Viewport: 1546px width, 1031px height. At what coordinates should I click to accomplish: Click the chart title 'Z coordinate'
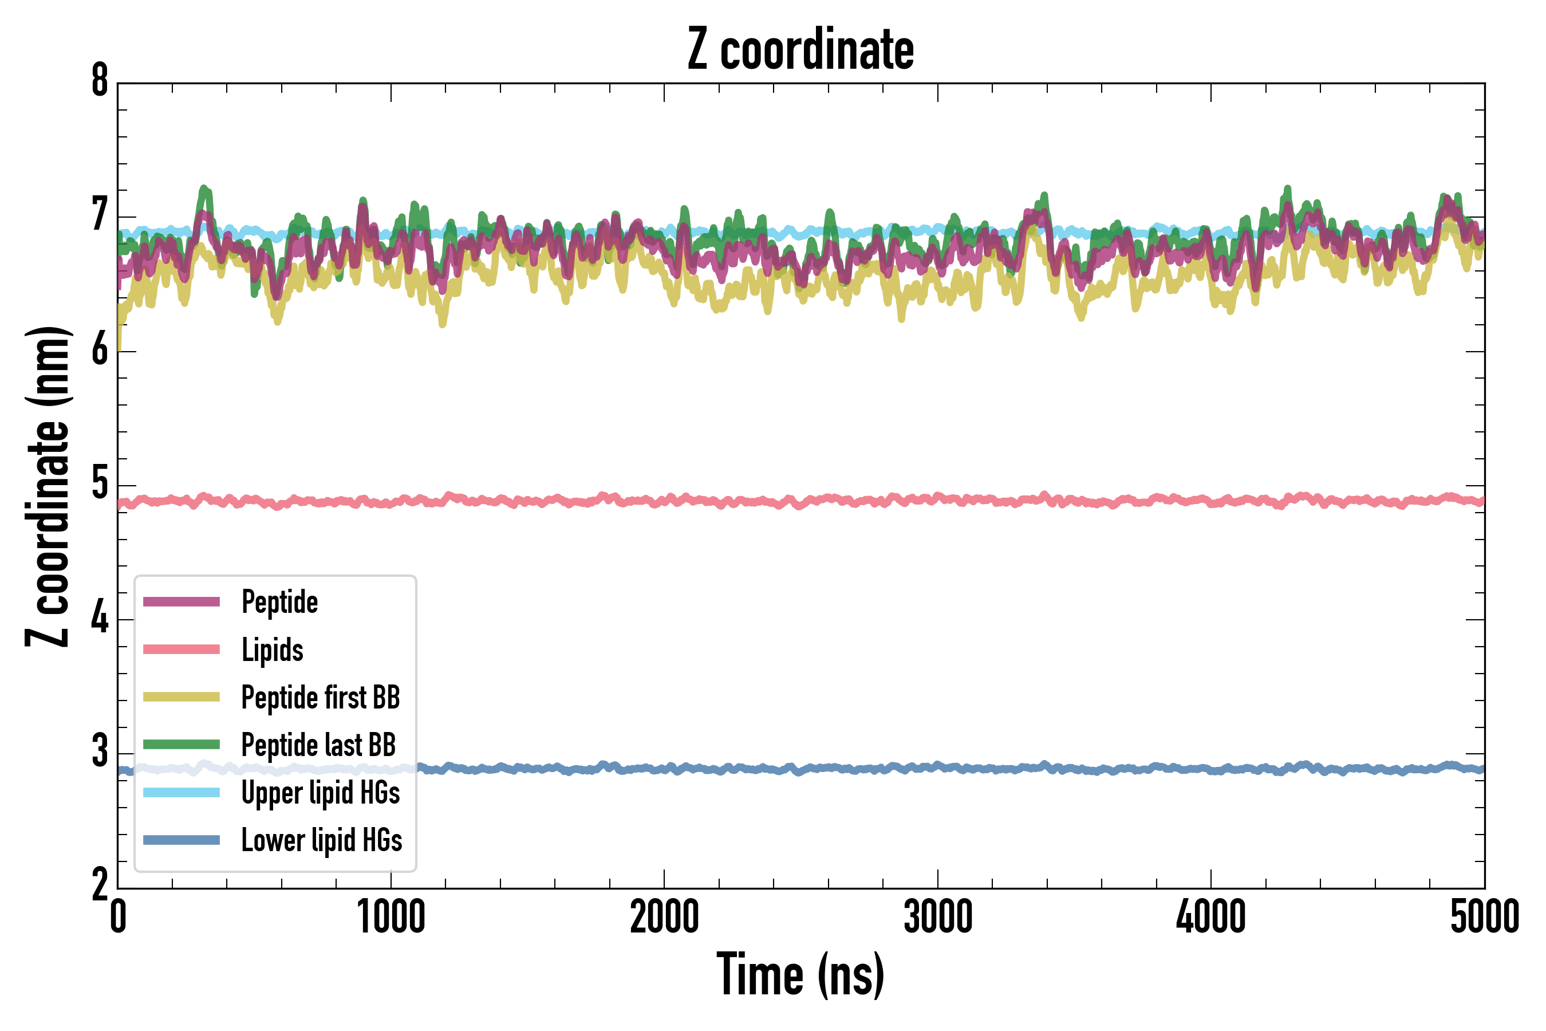pos(800,49)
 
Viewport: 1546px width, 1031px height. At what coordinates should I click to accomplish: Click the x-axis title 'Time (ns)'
pos(800,975)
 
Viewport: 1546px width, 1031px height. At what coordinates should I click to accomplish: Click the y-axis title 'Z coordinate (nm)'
pos(48,486)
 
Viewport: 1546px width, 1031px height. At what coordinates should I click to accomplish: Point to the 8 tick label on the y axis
pos(100,81)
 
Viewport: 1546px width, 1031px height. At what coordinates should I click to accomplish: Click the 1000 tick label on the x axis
pos(391,917)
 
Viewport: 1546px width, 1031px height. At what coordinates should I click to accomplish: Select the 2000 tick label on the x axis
pos(664,917)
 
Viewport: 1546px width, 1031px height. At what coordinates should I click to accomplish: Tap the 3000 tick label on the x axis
pos(938,917)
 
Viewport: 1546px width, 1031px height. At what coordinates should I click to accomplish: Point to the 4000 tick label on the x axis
pos(1211,917)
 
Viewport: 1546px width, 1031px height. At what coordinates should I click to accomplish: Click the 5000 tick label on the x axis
pos(1484,917)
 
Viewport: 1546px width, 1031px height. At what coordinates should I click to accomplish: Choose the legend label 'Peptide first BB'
pos(321,698)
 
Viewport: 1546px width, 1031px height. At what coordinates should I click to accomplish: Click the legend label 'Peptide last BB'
pos(319,745)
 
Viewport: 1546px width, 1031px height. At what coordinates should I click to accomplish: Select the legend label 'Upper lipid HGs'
pos(321,792)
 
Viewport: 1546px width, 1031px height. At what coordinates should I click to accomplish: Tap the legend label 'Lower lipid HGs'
pos(322,840)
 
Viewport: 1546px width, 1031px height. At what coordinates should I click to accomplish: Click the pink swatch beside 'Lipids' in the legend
pos(182,650)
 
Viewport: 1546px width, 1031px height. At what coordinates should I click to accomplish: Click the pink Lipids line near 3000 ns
pos(938,498)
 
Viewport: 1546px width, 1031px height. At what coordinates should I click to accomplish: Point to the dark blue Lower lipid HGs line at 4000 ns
pos(1211,769)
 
